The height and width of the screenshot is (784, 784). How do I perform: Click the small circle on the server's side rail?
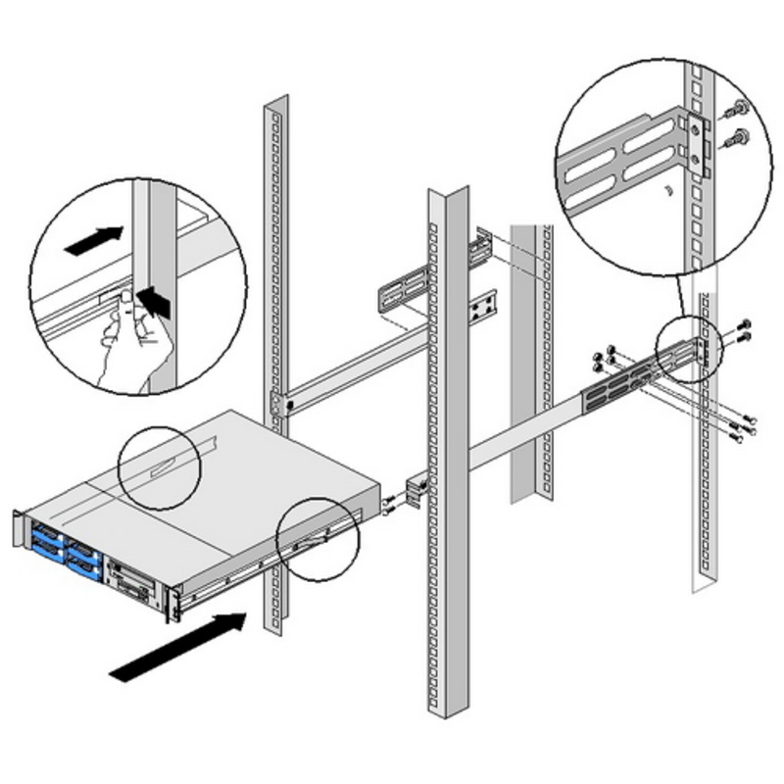[318, 539]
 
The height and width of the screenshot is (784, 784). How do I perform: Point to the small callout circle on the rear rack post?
[685, 349]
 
